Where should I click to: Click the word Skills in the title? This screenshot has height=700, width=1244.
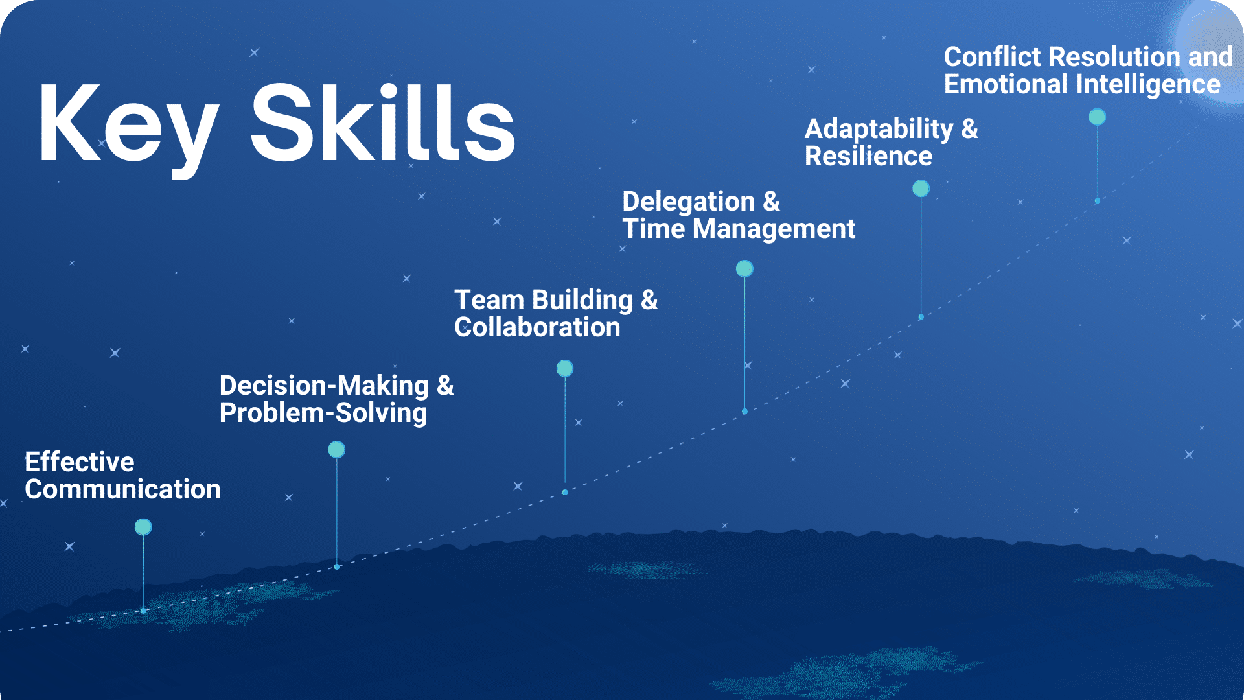[383, 122]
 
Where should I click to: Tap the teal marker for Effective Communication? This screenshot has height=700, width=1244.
[143, 527]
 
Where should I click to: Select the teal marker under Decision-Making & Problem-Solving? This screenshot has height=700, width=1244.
[336, 449]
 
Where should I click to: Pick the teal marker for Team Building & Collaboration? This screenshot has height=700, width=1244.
[565, 368]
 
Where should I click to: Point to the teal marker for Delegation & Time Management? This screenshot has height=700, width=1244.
[744, 268]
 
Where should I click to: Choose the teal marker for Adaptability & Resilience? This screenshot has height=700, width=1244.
[921, 189]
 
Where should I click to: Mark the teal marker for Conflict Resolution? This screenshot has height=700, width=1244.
[1097, 117]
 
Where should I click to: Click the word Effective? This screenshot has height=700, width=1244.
[80, 461]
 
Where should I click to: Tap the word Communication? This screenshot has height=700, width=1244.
[122, 489]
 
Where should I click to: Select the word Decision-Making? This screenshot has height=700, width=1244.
[324, 386]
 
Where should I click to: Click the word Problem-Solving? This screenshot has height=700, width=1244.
[323, 413]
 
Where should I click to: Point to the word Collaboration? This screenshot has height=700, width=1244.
[537, 327]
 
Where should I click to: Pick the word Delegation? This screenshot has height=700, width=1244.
[689, 202]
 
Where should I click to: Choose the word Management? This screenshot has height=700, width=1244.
[774, 229]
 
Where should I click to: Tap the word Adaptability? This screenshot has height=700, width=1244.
[879, 129]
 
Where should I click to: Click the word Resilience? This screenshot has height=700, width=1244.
[868, 156]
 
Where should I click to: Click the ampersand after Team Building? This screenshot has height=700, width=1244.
[649, 300]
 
